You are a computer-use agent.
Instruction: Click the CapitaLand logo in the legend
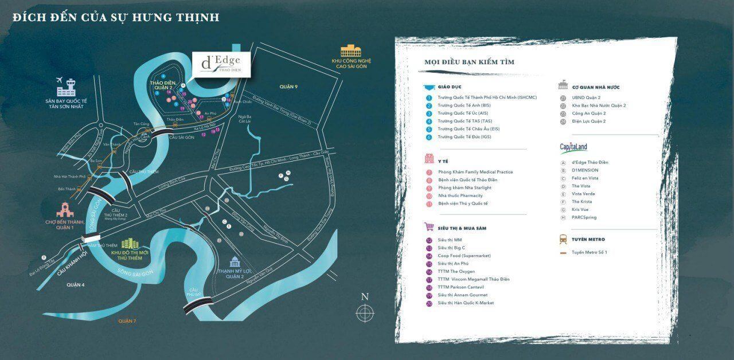[573, 148]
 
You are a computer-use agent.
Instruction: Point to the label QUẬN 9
[289, 86]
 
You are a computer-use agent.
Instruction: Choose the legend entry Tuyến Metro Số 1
[589, 252]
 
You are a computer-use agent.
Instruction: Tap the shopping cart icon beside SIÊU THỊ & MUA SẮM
[429, 227]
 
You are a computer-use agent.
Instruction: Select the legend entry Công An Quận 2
[588, 114]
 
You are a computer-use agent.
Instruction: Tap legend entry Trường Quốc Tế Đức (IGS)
[464, 137]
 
